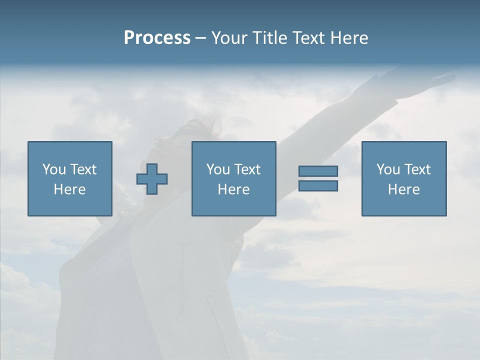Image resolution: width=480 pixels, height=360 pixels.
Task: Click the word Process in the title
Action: [x=157, y=38]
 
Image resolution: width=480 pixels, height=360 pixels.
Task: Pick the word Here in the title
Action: [x=349, y=38]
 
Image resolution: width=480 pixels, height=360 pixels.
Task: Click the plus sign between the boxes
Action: [x=152, y=178]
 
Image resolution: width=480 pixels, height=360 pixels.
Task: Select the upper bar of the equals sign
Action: [x=318, y=171]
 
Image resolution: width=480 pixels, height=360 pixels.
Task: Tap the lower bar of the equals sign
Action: [x=318, y=185]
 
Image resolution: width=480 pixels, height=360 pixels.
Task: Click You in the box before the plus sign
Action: [x=54, y=169]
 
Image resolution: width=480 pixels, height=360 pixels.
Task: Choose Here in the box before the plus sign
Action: [x=69, y=189]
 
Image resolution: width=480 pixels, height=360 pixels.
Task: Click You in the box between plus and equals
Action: [x=218, y=169]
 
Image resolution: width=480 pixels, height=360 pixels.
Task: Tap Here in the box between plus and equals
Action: [x=233, y=189]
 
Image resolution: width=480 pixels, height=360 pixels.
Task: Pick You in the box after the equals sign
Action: [x=388, y=169]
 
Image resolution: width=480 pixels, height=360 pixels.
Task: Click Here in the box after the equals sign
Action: [x=403, y=189]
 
